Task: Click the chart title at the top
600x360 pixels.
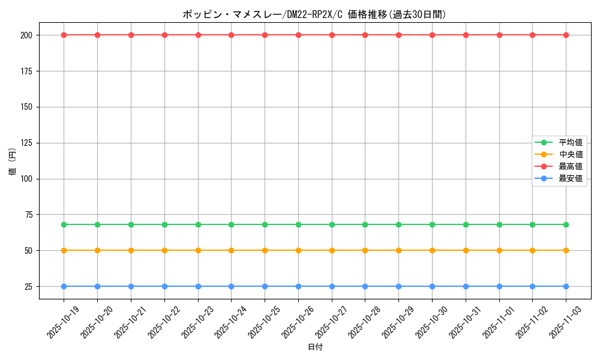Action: pyautogui.click(x=314, y=14)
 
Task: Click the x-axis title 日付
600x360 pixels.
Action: pyautogui.click(x=315, y=347)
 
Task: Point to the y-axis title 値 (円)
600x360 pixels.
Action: pyautogui.click(x=13, y=162)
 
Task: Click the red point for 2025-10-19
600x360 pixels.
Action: pyautogui.click(x=64, y=35)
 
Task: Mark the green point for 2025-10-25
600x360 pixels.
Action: pyautogui.click(x=265, y=224)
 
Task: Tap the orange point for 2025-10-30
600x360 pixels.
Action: pyautogui.click(x=432, y=250)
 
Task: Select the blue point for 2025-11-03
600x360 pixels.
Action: pyautogui.click(x=566, y=286)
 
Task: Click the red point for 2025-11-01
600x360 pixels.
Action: pyautogui.click(x=499, y=35)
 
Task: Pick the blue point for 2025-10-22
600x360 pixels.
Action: pyautogui.click(x=164, y=286)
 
